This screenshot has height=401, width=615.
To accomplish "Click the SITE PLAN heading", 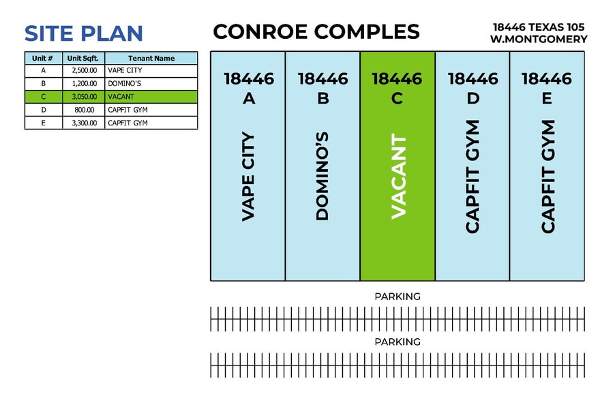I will pos(83,33).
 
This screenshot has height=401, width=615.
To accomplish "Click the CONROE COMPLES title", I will pos(316,31).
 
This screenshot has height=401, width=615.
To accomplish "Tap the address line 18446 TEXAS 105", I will pos(539,27).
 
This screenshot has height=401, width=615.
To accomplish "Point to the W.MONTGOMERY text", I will pos(539,40).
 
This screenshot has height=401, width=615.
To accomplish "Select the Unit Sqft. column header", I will pos(83,59).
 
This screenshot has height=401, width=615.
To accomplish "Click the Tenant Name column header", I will pos(151,59).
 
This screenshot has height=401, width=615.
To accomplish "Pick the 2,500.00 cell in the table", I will pos(84,71).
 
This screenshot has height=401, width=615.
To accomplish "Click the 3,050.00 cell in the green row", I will pos(84,97).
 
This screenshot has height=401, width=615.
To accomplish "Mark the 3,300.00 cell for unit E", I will pos(84,123).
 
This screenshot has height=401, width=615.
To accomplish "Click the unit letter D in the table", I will pos(44,110).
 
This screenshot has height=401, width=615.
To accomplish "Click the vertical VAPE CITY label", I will pos(248,177).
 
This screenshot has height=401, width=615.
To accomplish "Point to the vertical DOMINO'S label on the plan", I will pos(322,177).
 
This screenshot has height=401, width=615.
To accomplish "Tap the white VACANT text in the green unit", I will pos(397,177).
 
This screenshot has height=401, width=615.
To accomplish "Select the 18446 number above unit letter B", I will pos(322,78).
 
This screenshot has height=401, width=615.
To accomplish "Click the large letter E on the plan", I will pos(547,98).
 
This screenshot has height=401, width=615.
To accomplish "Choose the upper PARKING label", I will pos(397,297).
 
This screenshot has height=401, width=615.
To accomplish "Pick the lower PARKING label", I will pos(397,342).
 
